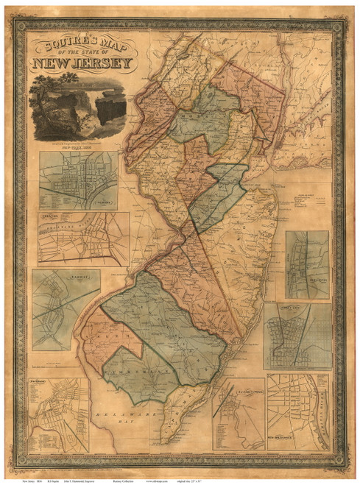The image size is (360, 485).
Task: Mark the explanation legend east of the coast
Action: (302, 202)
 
